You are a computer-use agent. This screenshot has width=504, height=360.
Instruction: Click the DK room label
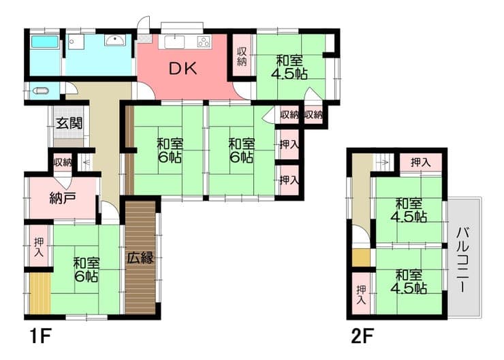(183, 69)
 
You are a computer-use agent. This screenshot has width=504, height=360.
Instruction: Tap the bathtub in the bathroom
(45, 42)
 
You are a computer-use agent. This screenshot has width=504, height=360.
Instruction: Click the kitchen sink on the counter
(174, 42)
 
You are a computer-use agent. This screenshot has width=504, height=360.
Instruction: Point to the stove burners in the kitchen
(204, 42)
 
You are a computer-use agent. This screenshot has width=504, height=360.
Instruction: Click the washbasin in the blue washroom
(114, 41)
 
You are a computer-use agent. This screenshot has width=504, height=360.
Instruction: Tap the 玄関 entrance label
(69, 123)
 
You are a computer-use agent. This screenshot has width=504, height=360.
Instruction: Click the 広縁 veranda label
(140, 257)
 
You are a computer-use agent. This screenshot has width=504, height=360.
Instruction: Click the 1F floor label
(40, 336)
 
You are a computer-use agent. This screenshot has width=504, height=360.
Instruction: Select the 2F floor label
(362, 336)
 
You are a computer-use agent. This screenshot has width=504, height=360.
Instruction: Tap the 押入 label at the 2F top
(420, 163)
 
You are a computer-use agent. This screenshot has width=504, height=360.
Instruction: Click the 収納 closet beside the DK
(242, 56)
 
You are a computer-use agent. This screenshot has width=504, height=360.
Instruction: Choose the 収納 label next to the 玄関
(63, 163)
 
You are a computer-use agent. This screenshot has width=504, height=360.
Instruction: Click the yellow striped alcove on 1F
(40, 293)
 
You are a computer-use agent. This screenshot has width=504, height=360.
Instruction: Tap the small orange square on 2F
(361, 258)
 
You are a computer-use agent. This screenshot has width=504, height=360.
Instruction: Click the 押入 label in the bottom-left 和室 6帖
(39, 247)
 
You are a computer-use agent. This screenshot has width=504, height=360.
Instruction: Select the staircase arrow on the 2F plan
(383, 163)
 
